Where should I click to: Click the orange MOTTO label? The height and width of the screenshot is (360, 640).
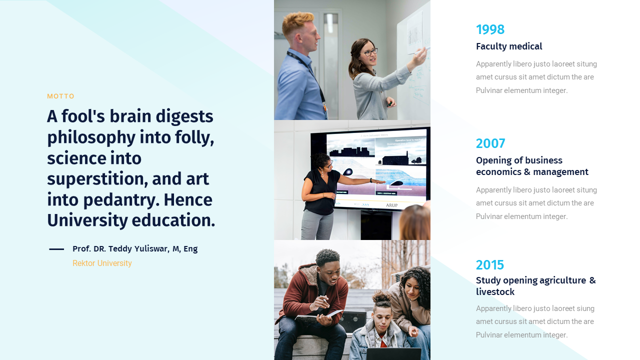[60, 96]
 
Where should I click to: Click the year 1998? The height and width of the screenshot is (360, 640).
[490, 29]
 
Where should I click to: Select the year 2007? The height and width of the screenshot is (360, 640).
[490, 143]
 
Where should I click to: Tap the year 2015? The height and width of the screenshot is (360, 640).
[490, 265]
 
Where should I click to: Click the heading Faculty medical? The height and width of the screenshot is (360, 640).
[509, 46]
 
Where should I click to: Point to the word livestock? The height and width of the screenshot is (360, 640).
[495, 292]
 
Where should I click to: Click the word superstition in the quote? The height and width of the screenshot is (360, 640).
[97, 179]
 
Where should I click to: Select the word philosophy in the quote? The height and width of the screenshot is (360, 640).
[91, 138]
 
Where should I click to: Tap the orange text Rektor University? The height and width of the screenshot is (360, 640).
[102, 263]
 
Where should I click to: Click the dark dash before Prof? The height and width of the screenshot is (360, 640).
[56, 249]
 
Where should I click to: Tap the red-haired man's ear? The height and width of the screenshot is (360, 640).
[298, 38]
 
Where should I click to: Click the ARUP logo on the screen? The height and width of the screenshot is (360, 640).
[391, 205]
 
